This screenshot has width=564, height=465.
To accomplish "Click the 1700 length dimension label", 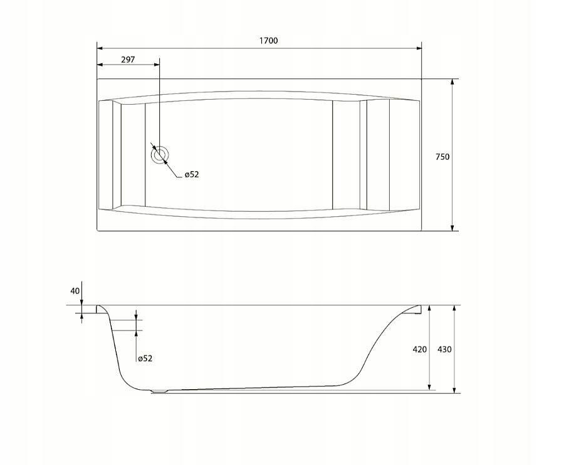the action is coord(269,41).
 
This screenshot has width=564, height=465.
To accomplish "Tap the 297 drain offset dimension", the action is coord(128,60).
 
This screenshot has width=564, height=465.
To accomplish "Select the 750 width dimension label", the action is coord(442,157).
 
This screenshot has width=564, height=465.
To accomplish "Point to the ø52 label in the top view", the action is coord(192,174).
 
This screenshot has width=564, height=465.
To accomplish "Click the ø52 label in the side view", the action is coord(145,358).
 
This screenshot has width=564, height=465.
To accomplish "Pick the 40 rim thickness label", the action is coord(75,291).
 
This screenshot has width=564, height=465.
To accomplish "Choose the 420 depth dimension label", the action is coord(419,349).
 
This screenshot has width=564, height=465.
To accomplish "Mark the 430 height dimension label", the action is coord(444,349).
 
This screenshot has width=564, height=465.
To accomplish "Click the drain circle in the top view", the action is coord(159,155).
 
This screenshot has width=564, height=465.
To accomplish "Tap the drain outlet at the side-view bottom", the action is coord(159,391).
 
